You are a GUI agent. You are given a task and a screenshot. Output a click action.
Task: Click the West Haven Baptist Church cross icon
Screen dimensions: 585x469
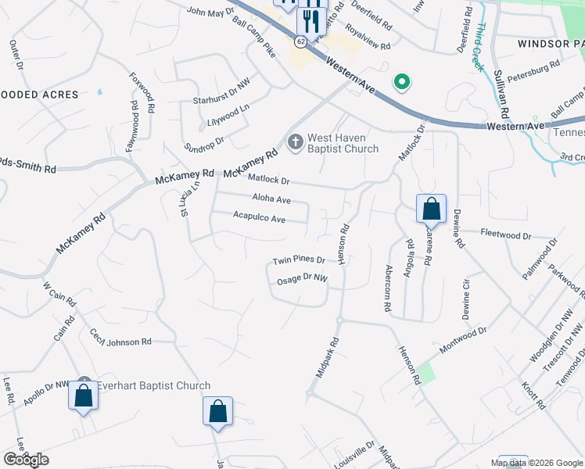[295, 141]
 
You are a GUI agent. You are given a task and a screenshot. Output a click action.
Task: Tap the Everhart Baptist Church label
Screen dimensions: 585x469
[154, 385]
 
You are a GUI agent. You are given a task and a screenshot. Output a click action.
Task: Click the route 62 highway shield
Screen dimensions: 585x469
[301, 41]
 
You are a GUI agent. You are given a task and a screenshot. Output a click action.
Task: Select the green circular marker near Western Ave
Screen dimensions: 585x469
[402, 81]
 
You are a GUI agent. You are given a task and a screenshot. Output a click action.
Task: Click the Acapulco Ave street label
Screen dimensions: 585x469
[259, 220]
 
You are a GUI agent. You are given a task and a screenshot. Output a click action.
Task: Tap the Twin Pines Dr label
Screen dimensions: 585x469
[298, 260]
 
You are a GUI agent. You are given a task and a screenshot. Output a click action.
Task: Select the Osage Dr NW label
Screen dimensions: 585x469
[301, 279]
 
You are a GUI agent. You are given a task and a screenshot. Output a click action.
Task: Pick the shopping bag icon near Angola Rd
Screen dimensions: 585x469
[430, 209]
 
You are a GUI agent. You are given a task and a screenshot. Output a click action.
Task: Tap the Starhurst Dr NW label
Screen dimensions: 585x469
[221, 101]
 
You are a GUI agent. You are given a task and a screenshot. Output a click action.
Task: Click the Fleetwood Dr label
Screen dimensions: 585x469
[505, 234]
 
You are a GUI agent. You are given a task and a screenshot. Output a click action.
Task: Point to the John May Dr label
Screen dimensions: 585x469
[206, 12]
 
